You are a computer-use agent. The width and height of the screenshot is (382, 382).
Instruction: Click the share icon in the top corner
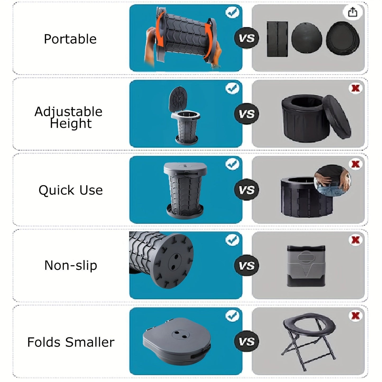tap(352, 12)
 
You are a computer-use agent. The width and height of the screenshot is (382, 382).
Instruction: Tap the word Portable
tap(70, 39)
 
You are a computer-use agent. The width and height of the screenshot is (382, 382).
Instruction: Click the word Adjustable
tap(68, 112)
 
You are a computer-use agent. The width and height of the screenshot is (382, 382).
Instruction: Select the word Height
tap(71, 123)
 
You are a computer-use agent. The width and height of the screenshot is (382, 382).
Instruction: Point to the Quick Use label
tap(71, 190)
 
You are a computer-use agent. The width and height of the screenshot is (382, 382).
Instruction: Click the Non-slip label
tap(71, 265)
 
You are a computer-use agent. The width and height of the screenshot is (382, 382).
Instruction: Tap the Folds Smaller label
tap(71, 342)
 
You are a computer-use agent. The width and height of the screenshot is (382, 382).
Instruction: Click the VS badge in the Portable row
tap(246, 38)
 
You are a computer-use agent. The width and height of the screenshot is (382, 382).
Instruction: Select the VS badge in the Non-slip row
tap(246, 266)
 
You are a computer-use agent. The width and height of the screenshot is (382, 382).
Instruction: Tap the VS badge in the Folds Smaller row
tap(246, 342)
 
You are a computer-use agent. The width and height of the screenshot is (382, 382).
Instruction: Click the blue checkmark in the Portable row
tap(232, 12)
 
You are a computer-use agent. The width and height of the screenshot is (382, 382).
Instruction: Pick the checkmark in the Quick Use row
tap(232, 164)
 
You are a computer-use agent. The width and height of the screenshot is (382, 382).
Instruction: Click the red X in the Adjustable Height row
tap(355, 88)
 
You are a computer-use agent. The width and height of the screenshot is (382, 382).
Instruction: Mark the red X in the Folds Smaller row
tap(355, 316)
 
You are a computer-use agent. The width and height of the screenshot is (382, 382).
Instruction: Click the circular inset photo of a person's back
tap(332, 181)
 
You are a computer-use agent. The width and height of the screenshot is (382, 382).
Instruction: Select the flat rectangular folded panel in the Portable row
tap(277, 39)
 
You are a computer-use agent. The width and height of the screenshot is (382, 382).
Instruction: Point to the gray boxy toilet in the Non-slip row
tap(306, 266)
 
